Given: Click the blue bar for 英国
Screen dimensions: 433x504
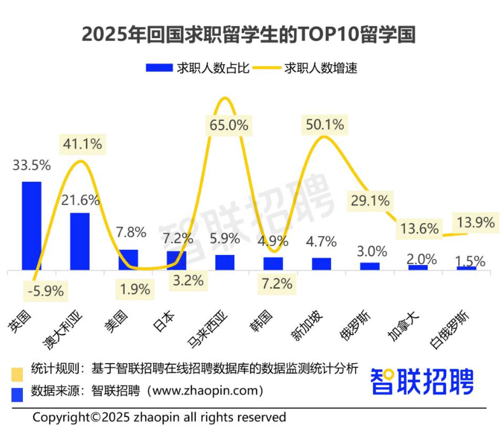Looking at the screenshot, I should (32, 226).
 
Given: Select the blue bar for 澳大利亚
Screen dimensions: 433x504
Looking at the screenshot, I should (80, 242).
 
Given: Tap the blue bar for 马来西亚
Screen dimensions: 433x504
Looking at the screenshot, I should (225, 263).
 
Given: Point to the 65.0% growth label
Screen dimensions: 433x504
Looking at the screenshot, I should (228, 125).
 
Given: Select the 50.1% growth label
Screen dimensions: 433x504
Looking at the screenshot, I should (325, 125).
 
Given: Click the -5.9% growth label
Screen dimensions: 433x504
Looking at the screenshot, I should (45, 292).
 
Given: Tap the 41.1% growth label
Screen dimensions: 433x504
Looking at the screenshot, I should (82, 144).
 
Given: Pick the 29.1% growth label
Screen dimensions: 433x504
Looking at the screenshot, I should (370, 202).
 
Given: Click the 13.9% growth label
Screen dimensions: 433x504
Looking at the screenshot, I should (476, 223).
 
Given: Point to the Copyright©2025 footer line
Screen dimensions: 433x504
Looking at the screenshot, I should (159, 418).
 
